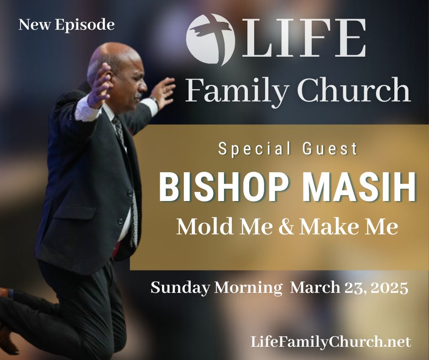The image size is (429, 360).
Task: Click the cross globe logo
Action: (210, 39)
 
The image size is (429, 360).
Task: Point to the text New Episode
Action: (67, 25)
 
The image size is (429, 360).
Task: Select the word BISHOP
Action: (223, 187)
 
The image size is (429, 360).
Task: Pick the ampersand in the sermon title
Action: (287, 227)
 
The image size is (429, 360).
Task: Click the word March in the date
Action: (315, 287)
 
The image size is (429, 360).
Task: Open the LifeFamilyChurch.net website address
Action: (331, 342)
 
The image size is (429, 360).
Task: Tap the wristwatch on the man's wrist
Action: (154, 101)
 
